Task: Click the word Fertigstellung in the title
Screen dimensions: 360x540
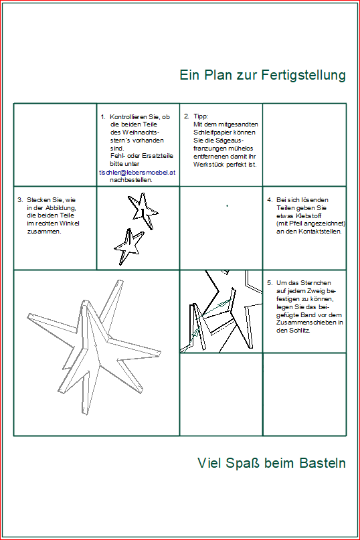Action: click(x=304, y=76)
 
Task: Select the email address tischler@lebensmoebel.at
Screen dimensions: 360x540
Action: click(x=137, y=172)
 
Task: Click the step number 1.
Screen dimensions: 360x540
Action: click(x=102, y=116)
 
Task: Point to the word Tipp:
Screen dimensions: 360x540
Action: click(x=201, y=116)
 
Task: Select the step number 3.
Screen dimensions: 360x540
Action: click(x=20, y=200)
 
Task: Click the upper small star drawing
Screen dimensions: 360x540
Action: click(x=143, y=210)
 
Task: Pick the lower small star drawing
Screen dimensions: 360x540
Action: click(x=128, y=247)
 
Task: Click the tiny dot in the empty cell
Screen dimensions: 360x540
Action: click(x=227, y=205)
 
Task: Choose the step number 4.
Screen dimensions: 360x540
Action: click(x=270, y=200)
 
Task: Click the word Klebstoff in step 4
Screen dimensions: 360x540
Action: click(x=308, y=216)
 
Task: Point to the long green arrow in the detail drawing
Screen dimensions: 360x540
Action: click(x=215, y=308)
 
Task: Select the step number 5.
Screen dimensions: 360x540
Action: click(x=270, y=283)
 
